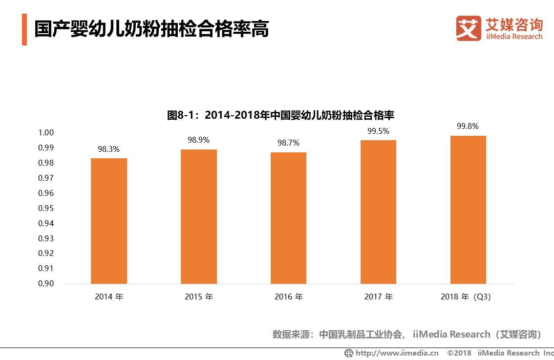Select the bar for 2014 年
click(x=108, y=221)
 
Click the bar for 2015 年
click(x=198, y=216)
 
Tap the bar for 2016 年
click(x=288, y=218)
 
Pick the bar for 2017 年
click(x=378, y=212)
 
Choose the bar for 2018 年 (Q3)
click(x=468, y=210)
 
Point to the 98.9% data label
click(x=198, y=140)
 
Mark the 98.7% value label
click(x=288, y=143)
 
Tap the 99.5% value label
click(x=378, y=131)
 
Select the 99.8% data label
click(x=468, y=127)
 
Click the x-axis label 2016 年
click(x=288, y=297)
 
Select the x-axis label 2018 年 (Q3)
click(x=465, y=297)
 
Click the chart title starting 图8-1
click(x=280, y=116)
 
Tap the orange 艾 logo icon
click(x=469, y=28)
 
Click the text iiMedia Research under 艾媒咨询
click(x=514, y=37)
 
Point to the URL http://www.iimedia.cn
click(x=396, y=353)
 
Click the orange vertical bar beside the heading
click(x=24, y=29)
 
